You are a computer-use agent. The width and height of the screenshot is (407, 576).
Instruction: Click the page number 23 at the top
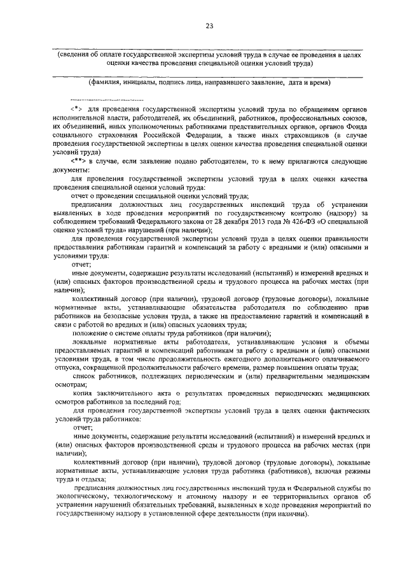(209, 25)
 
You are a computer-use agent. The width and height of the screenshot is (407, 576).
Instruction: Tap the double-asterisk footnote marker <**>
(79, 163)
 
